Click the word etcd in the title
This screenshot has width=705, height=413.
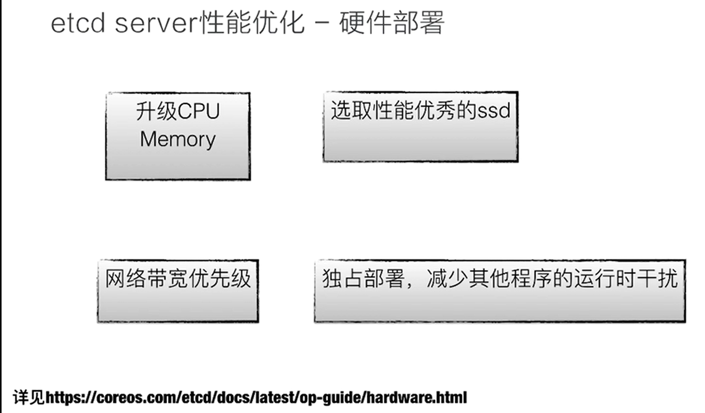pos(77,24)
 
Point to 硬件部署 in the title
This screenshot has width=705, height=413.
pos(392,23)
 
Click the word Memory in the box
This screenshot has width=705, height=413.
pos(177,139)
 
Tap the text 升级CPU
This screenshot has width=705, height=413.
pos(177,111)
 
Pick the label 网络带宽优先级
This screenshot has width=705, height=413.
pos(177,278)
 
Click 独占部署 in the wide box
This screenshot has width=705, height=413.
pos(363,279)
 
